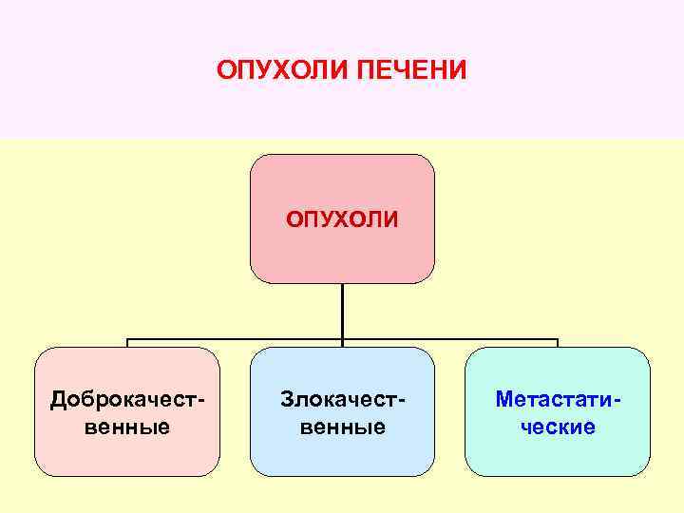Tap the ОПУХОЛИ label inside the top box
(x=343, y=220)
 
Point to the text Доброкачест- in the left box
(x=127, y=399)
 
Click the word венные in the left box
(x=127, y=427)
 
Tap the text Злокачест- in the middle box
(x=343, y=399)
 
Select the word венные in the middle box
(x=343, y=427)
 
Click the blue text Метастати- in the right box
(x=559, y=399)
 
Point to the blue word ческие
(x=559, y=427)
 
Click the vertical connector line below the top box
(x=342, y=310)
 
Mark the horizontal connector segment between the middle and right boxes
(x=450, y=338)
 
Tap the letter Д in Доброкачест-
(x=57, y=400)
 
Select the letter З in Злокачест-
(x=285, y=399)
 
